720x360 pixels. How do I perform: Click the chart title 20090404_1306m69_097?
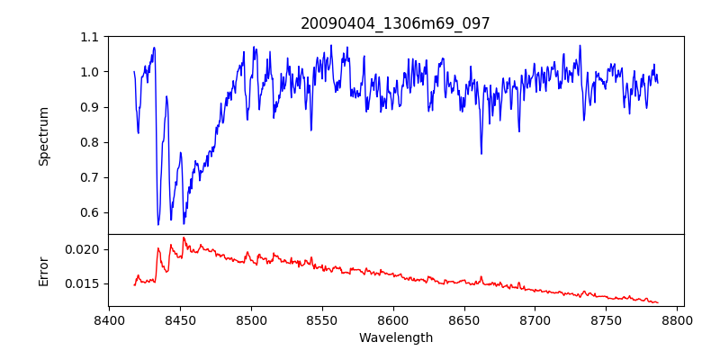tap(395, 23)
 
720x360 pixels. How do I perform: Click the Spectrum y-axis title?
tap(43, 136)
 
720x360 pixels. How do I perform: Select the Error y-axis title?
tap(43, 270)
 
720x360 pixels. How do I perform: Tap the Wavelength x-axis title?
tap(395, 338)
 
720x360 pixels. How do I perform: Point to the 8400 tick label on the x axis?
tap(109, 319)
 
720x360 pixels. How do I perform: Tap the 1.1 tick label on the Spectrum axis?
tap(90, 37)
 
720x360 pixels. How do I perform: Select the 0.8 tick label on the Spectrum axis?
tap(90, 142)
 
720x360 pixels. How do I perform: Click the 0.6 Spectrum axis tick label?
tap(90, 212)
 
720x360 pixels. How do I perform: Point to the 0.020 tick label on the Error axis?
tap(85, 249)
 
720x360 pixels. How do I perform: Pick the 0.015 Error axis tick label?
tap(85, 283)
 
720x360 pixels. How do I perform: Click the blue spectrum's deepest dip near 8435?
tap(158, 224)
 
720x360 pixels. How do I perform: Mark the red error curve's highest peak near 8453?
tap(184, 238)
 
